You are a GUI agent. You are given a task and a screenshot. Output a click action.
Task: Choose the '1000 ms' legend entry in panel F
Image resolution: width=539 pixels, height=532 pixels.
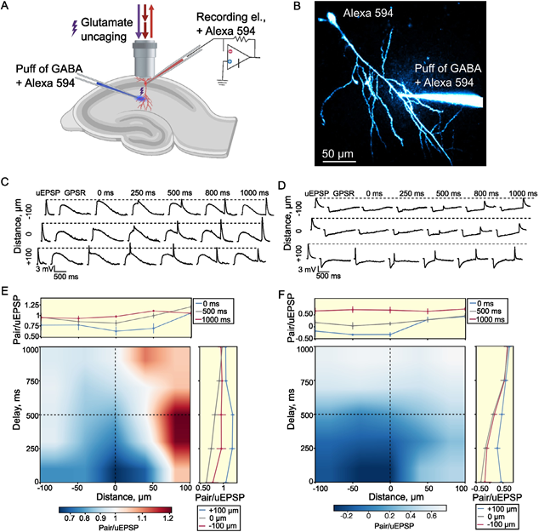tap(507, 318)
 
